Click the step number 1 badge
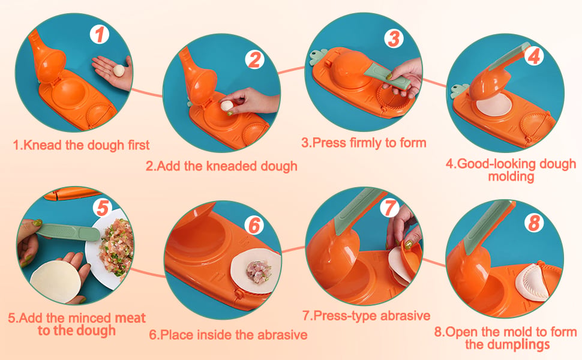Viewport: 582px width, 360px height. (x=99, y=34)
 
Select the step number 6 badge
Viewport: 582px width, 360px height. (x=254, y=225)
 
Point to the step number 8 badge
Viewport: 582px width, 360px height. (x=534, y=223)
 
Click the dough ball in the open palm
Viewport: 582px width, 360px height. (x=119, y=70)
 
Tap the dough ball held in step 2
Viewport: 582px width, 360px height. (x=226, y=106)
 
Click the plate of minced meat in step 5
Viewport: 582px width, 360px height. (x=112, y=248)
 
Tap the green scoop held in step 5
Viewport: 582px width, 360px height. (x=68, y=232)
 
